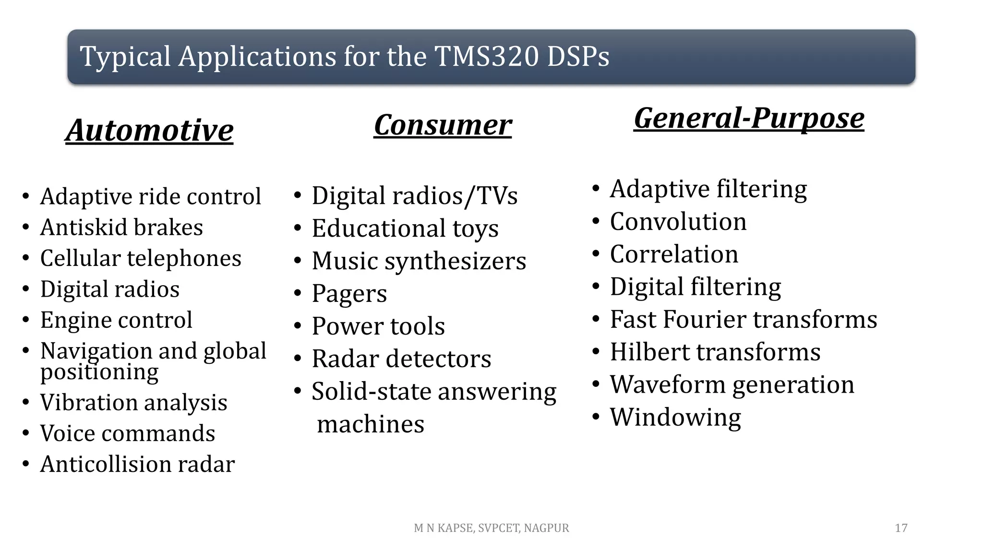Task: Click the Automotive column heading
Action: point(149,130)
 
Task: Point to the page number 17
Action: point(901,528)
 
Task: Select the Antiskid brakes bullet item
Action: point(121,227)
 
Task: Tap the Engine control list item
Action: point(116,320)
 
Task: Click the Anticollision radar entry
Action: point(137,464)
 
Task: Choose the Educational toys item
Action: point(405,228)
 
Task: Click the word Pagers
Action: point(349,294)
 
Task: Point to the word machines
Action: point(371,424)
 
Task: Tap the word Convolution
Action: point(678,222)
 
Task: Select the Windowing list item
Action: point(675,417)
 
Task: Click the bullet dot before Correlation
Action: point(596,253)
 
